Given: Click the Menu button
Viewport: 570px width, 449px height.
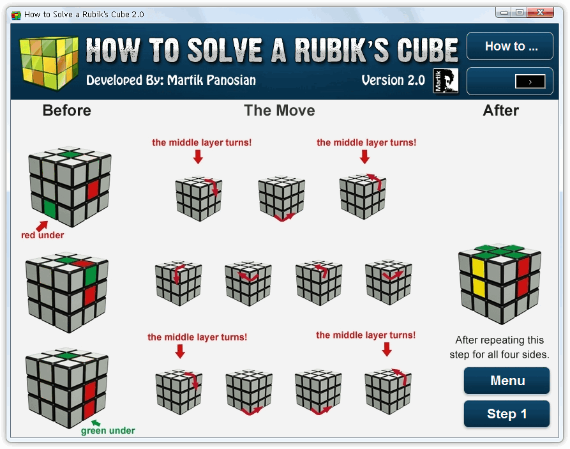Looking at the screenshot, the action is point(506,381).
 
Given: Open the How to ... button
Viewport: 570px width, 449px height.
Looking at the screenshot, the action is point(509,46).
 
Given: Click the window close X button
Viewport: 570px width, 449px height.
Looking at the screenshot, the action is point(540,12).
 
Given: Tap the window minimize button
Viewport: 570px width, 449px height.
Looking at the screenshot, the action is point(504,12).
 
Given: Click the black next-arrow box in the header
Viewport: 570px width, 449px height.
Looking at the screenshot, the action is point(530,82).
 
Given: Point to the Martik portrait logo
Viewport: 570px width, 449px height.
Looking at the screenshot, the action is point(446,80).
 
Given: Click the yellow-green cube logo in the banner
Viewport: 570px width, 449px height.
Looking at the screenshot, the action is point(49,62).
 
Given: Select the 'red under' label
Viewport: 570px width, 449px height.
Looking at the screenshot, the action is point(43,235).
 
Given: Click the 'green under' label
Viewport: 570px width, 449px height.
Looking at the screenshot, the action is point(108,430).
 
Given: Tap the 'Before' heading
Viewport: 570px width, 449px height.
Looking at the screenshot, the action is point(67,110).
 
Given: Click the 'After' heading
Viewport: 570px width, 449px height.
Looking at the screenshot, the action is point(500,110).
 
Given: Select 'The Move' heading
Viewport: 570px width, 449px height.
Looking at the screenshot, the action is point(279,110).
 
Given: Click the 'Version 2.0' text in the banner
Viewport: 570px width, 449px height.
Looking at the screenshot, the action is point(393,80).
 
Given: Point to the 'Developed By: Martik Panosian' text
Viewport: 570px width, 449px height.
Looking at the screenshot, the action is point(171,80).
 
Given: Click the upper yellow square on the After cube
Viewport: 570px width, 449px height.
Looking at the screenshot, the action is point(478,268).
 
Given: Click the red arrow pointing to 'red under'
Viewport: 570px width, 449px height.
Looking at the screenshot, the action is point(41,226).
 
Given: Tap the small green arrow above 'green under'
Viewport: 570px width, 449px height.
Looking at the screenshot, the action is point(96,423).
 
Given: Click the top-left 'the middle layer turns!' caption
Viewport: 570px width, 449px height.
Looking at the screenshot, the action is point(202,142).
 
